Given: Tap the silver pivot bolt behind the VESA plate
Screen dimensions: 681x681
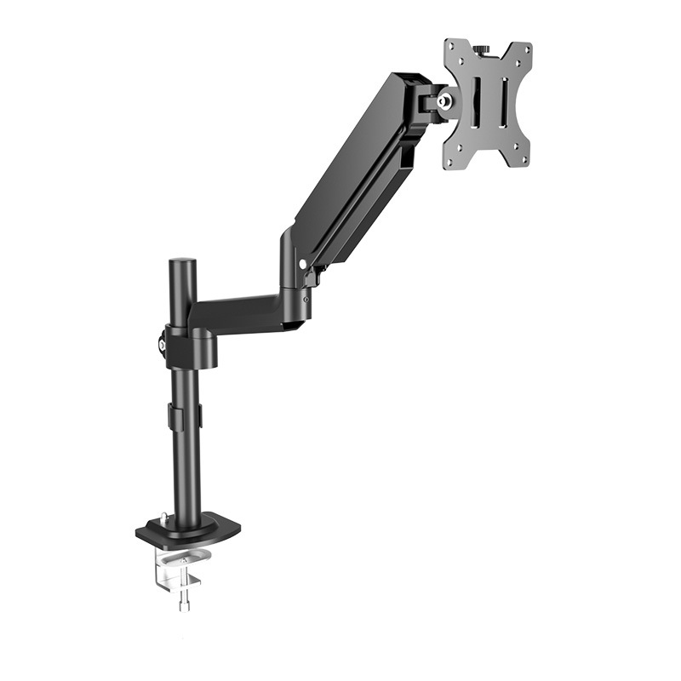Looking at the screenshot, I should click(x=444, y=100).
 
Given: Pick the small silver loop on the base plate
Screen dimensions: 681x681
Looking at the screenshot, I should click(x=163, y=518).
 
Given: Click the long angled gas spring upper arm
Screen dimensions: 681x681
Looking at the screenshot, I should click(x=358, y=170).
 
